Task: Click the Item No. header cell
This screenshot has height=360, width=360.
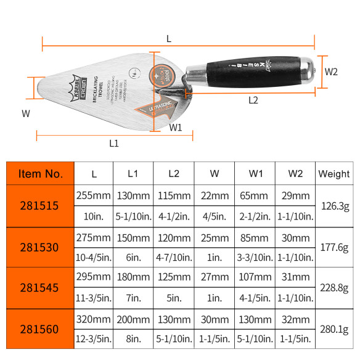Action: tap(40, 174)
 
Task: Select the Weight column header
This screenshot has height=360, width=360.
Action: tap(333, 174)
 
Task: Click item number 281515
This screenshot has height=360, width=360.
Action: tap(40, 206)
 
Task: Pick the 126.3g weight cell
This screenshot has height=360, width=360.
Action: tap(333, 206)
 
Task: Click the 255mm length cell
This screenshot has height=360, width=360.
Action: tap(94, 195)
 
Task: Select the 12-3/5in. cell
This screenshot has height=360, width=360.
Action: tap(94, 338)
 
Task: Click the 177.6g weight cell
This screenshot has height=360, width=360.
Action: tap(333, 247)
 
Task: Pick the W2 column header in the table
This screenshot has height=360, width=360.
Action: tap(295, 174)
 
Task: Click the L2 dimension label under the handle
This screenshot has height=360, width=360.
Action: tap(253, 100)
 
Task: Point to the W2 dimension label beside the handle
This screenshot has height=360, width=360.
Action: tap(332, 72)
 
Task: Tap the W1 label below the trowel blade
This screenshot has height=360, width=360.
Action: tap(176, 128)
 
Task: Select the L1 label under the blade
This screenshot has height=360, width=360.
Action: tap(113, 144)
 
